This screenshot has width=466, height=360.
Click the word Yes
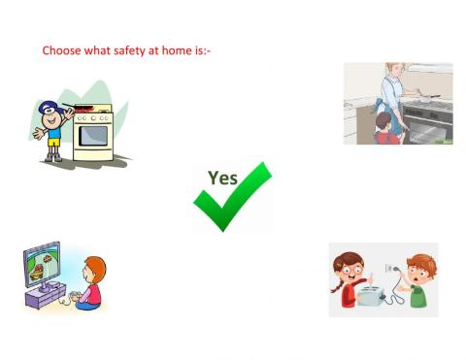point(222,178)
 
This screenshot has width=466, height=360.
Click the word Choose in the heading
point(61,49)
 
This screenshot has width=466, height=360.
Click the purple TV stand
point(48,299)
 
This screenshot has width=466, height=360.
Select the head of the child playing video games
point(94,269)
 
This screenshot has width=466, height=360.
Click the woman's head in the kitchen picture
point(394,71)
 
